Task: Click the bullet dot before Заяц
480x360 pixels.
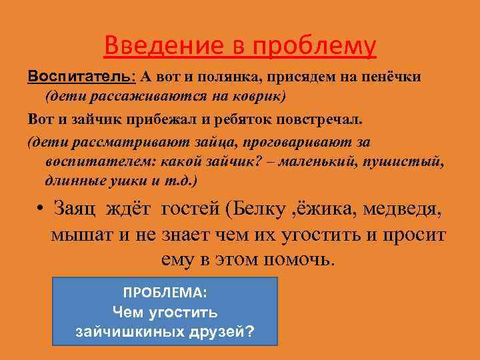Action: tap(41, 211)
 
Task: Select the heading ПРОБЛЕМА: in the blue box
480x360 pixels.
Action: tap(165, 293)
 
